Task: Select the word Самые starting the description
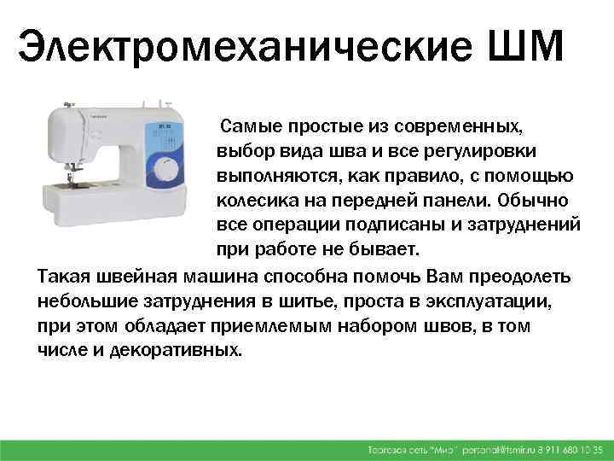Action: (x=247, y=126)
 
